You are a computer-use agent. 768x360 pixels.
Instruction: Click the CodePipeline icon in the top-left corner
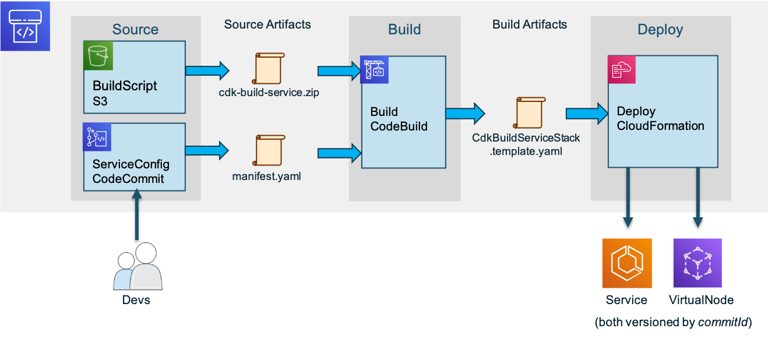(25, 26)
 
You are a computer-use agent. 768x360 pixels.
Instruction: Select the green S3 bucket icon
(98, 56)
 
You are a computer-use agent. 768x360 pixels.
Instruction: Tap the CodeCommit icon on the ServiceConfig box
(97, 137)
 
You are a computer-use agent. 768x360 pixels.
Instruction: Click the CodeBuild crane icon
(375, 70)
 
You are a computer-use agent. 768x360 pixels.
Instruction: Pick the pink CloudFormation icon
(622, 70)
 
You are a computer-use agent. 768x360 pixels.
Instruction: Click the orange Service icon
(626, 263)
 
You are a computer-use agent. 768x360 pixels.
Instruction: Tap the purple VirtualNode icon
(697, 263)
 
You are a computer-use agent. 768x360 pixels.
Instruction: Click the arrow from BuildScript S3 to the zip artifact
(207, 70)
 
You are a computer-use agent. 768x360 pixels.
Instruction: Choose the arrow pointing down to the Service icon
(628, 198)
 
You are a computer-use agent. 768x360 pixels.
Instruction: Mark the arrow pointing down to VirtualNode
(697, 198)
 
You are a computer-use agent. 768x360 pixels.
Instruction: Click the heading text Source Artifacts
(267, 24)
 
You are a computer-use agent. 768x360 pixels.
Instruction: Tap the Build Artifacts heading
(529, 24)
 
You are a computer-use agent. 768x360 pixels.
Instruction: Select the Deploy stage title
(660, 30)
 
